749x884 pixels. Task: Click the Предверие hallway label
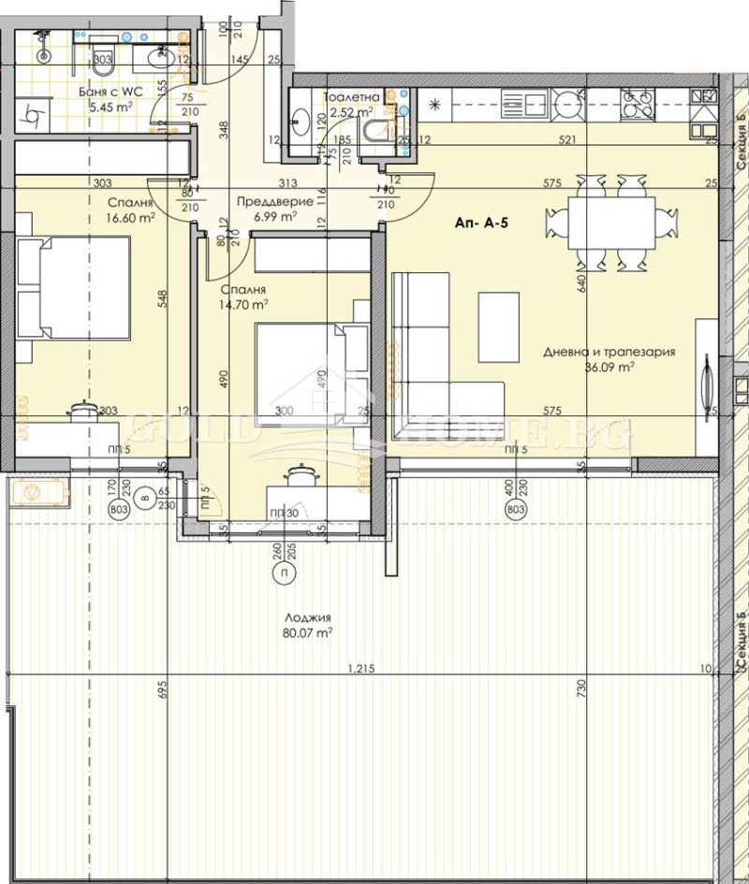click(x=267, y=199)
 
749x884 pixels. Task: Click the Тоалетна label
click(x=351, y=97)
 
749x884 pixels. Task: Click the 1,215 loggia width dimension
click(x=361, y=667)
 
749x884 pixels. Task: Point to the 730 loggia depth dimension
click(x=581, y=688)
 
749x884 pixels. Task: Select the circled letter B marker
click(x=144, y=497)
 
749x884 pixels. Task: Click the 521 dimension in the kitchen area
click(x=565, y=140)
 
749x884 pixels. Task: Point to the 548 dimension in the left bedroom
click(x=162, y=297)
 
